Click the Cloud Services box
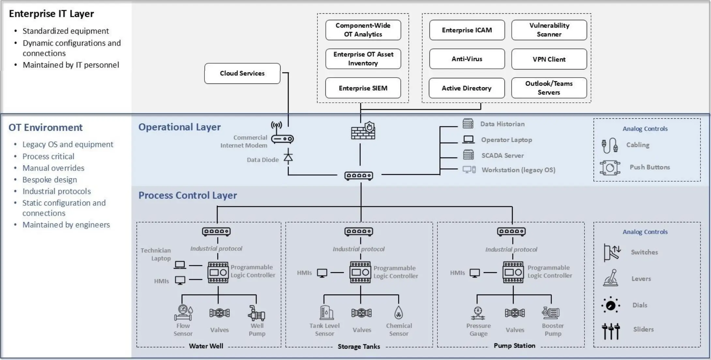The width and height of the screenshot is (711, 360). (x=242, y=73)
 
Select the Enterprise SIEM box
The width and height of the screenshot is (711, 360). (x=363, y=88)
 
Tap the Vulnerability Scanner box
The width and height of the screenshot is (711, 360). (x=549, y=30)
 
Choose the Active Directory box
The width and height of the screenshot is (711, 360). (x=466, y=88)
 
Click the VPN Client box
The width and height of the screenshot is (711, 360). (x=549, y=59)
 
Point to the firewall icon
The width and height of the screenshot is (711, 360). (x=363, y=131)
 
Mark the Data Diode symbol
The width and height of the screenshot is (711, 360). (x=288, y=157)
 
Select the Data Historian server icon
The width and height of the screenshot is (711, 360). (x=468, y=124)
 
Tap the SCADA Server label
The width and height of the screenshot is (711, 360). (x=503, y=156)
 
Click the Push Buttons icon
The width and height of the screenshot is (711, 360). (x=610, y=168)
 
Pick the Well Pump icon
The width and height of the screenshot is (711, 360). (x=257, y=313)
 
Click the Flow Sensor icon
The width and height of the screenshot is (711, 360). (x=183, y=313)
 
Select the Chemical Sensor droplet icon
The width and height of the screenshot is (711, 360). (x=399, y=313)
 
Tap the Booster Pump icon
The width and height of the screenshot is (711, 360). (x=551, y=313)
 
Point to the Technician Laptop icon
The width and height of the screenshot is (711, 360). (x=180, y=265)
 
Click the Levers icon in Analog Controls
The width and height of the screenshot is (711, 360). (x=611, y=278)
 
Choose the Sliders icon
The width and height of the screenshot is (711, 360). (x=611, y=331)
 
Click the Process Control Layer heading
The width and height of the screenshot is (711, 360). (x=188, y=195)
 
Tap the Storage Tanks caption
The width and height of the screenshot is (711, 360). (x=359, y=347)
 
